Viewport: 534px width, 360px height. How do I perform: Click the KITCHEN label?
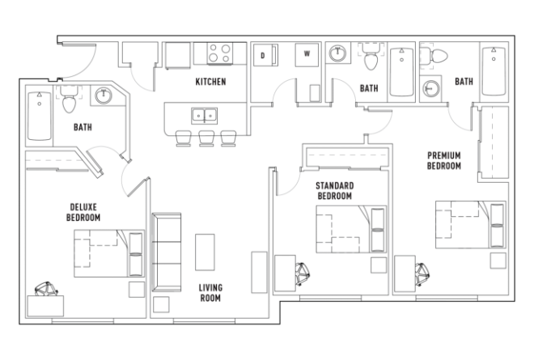pos(210,83)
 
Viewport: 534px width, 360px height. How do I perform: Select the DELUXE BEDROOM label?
pos(83,212)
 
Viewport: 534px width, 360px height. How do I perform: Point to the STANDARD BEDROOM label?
pos(334,191)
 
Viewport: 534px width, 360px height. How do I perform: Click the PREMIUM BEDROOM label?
pos(443,159)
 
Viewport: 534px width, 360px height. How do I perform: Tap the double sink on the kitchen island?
pos(200,115)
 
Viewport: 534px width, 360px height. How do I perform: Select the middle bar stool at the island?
pos(206,138)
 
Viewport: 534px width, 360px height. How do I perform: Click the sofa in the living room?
pos(167,252)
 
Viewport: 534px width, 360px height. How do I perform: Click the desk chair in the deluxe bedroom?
pos(46,288)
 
